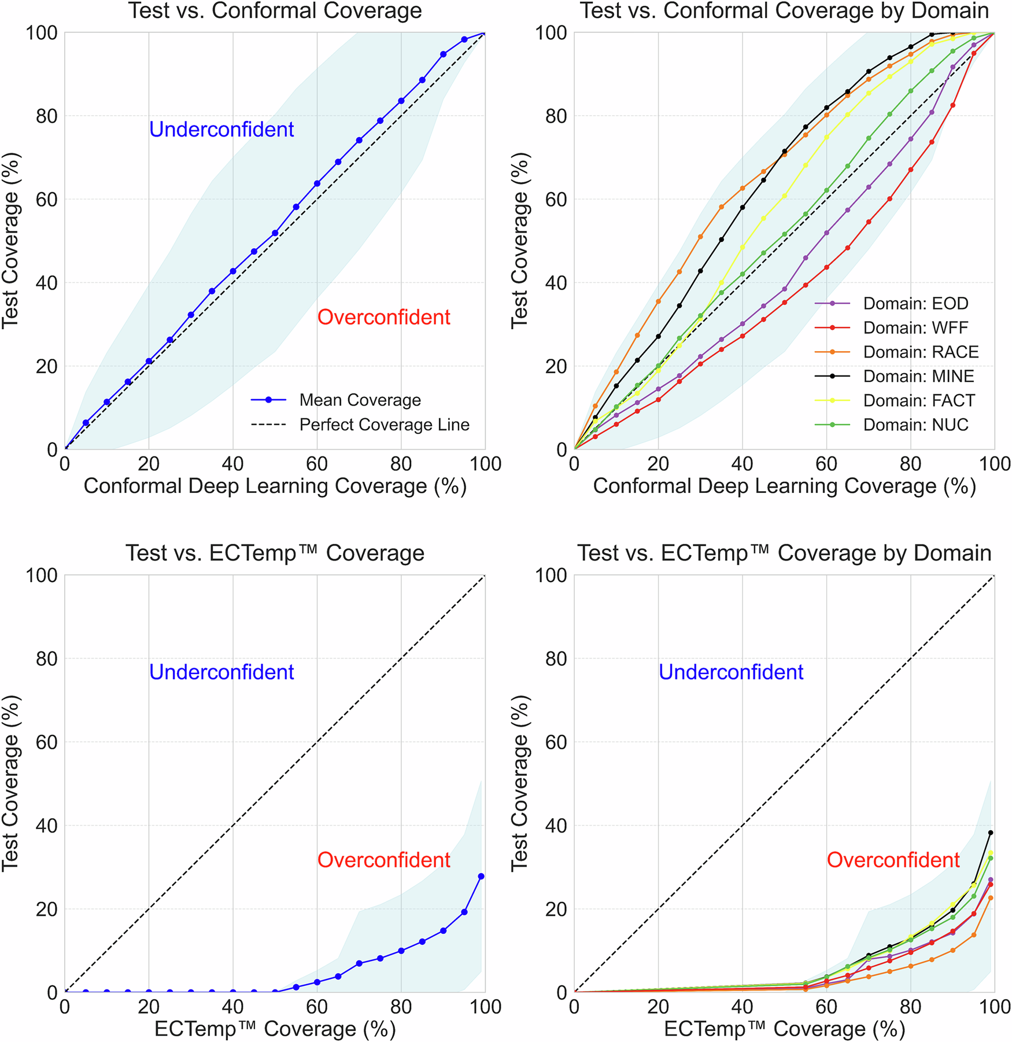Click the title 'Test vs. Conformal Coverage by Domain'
click(784, 11)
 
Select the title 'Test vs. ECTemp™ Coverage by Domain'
click(784, 553)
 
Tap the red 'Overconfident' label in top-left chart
click(384, 317)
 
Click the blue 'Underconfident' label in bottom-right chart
click(731, 672)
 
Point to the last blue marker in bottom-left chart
click(481, 876)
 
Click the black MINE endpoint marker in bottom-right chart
click(991, 833)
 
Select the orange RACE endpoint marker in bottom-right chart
click(991, 897)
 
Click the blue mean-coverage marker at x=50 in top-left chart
click(275, 233)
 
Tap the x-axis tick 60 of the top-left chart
click(317, 463)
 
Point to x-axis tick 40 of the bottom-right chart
click(742, 1006)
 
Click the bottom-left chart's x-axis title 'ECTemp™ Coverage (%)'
click(275, 1029)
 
